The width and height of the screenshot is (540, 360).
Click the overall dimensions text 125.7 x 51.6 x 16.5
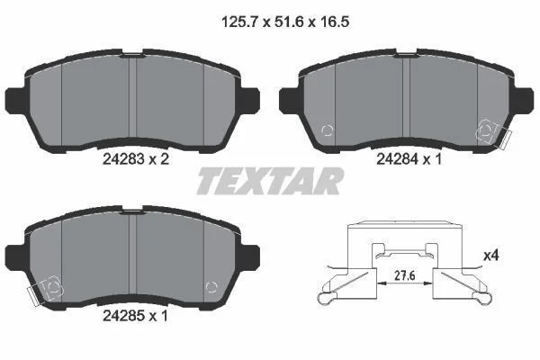[285, 22]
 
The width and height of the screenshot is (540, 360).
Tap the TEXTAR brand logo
[270, 181]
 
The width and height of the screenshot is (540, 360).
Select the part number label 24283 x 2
[136, 159]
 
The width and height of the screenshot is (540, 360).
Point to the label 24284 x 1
[409, 159]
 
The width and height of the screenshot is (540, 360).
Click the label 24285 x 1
[135, 316]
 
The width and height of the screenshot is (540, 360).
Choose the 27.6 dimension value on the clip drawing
[405, 275]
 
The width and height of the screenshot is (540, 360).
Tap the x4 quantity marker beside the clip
[491, 256]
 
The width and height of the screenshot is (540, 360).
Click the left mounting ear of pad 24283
[15, 100]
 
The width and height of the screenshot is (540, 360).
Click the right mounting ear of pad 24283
[250, 100]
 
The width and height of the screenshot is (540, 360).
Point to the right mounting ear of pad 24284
[524, 100]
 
